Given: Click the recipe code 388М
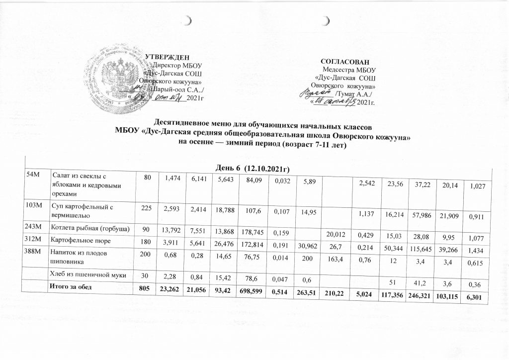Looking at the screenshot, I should [x=35, y=252].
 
